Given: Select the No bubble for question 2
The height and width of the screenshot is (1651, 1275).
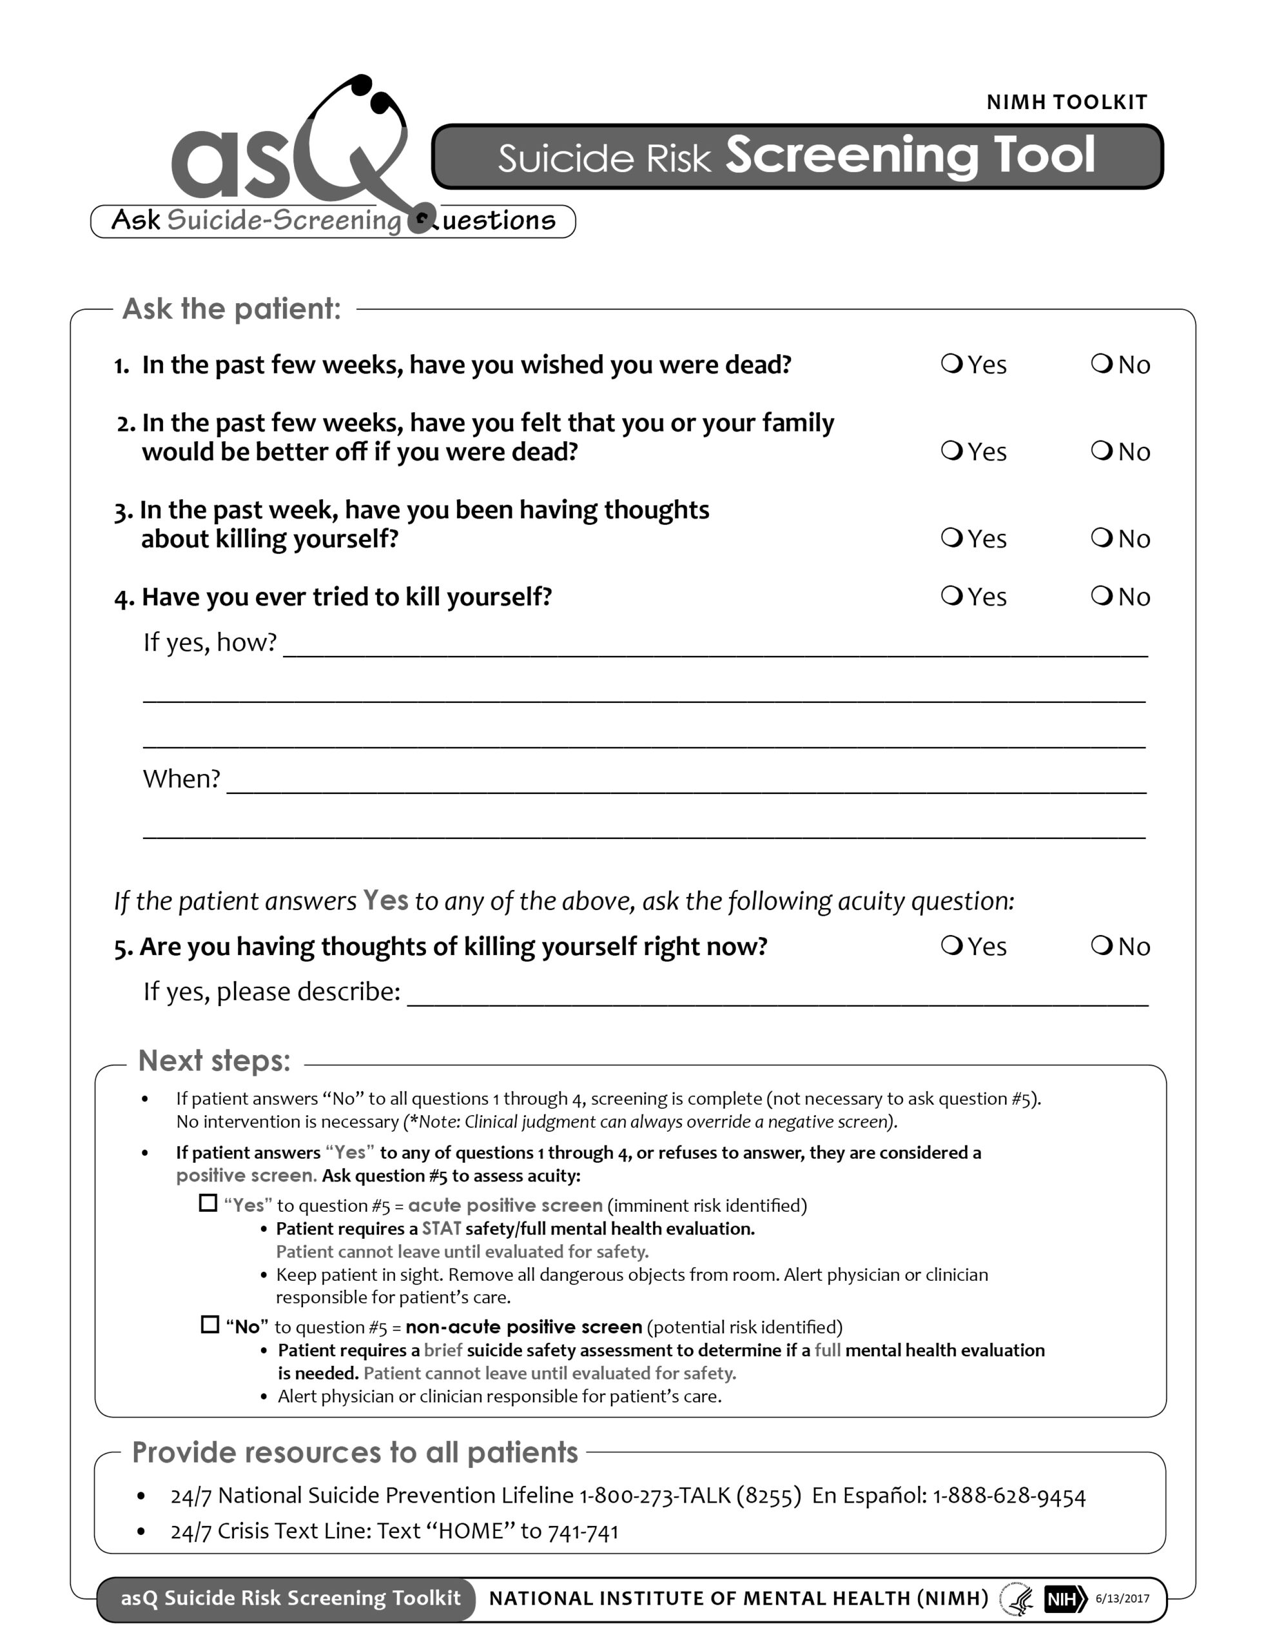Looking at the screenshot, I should click(1101, 451).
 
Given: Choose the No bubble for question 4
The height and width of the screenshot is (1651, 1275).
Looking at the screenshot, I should click(1101, 596).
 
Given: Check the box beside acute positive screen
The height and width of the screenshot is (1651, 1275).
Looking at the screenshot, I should click(208, 1203).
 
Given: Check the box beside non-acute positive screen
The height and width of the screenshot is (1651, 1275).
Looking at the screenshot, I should click(210, 1325).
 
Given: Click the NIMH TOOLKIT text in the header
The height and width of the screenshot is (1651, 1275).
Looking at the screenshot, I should click(1066, 102).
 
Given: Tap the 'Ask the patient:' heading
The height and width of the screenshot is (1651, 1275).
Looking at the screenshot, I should click(231, 308).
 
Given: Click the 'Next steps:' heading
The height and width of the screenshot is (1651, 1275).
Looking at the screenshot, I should click(214, 1061).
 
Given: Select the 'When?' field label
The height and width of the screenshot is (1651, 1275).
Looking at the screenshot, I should click(181, 778).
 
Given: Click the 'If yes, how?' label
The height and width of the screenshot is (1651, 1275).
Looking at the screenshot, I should click(210, 642).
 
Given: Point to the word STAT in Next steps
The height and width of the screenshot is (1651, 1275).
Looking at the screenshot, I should click(442, 1229).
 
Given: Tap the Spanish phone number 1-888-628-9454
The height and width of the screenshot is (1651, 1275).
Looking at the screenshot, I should click(1009, 1496).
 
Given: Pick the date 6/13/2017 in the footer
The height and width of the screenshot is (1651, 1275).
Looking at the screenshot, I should click(1122, 1599).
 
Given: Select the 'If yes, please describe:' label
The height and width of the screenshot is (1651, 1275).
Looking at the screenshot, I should click(272, 992).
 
